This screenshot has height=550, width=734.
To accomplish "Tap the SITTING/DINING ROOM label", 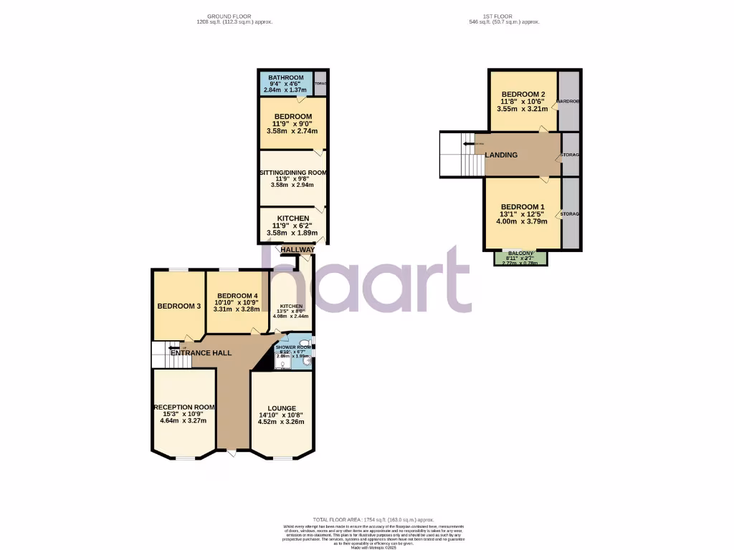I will (292, 173).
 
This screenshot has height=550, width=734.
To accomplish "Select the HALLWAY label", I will (297, 250).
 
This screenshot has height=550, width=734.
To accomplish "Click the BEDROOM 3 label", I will (178, 307).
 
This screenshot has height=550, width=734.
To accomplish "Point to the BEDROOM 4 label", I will (237, 296).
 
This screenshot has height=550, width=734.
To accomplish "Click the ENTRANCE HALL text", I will (201, 353).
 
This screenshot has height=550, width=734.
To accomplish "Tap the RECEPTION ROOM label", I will (184, 407).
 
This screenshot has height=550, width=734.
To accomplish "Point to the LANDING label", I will (501, 155).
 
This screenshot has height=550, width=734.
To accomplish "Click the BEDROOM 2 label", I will (523, 95).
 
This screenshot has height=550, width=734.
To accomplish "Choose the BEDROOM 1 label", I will (523, 206).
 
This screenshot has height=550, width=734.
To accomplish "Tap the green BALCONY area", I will (520, 258).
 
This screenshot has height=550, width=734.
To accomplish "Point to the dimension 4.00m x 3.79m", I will (523, 221).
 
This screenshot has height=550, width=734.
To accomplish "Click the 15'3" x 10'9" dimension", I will (184, 414).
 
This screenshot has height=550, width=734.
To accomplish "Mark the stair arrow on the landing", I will (470, 144).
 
